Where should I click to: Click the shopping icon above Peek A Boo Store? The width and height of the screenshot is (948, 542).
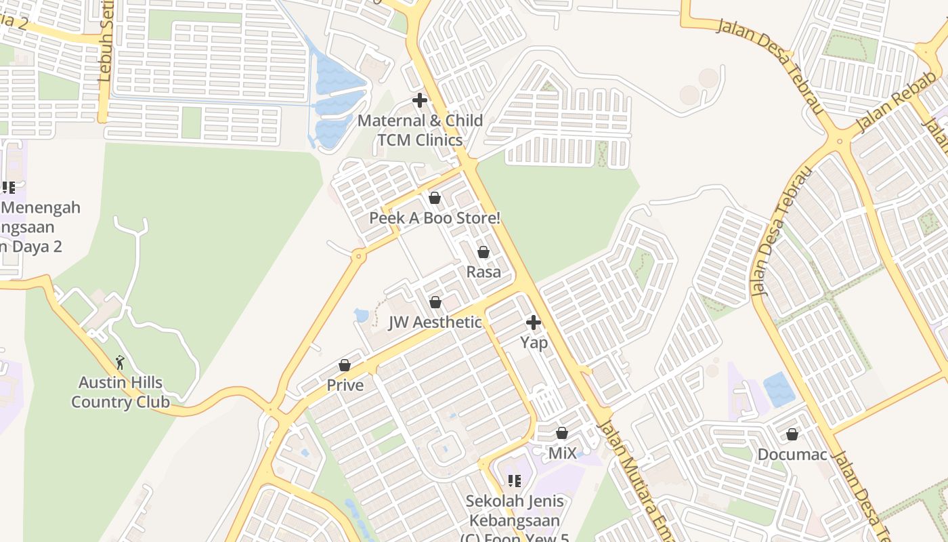(x=435, y=198)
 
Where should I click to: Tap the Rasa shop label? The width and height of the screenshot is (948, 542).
(x=483, y=272)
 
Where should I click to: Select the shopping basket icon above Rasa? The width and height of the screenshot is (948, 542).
(x=483, y=252)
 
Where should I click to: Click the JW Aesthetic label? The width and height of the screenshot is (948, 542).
(x=435, y=322)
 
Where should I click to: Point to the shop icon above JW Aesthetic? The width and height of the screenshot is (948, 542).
(x=435, y=302)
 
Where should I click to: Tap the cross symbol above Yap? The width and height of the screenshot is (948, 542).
(x=534, y=322)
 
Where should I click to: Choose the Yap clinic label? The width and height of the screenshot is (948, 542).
(x=534, y=342)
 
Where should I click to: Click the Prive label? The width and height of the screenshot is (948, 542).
(x=345, y=385)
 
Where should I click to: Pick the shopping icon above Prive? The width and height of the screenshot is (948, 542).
(x=345, y=366)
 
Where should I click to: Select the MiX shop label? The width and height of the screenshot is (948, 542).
(x=562, y=453)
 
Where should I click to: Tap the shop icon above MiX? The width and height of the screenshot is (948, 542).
(x=562, y=433)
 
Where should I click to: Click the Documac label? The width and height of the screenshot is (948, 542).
(x=792, y=454)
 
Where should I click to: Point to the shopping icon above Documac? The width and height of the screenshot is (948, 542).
(x=792, y=434)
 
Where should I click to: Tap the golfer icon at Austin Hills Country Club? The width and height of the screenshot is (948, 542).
(x=121, y=362)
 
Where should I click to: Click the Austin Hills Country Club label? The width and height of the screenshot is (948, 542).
(x=121, y=392)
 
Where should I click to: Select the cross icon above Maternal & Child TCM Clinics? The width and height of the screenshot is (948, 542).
(x=420, y=101)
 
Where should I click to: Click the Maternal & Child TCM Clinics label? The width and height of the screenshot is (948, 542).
(x=420, y=130)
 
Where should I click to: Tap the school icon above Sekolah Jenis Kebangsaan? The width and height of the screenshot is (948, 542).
(x=514, y=481)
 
